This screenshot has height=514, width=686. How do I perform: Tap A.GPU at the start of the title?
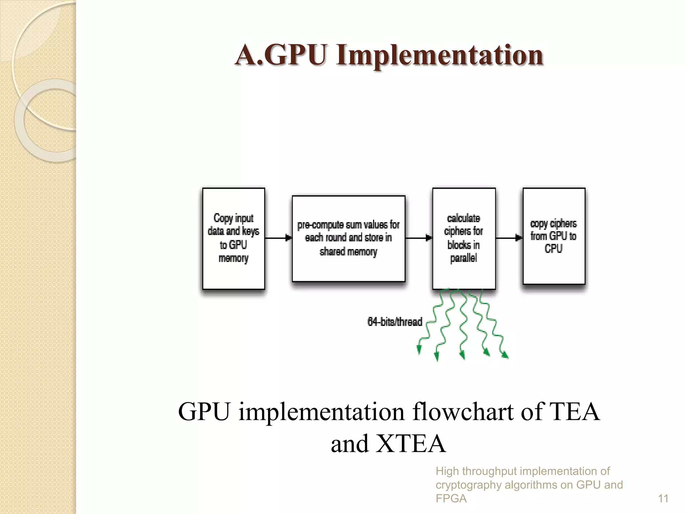pyautogui.click(x=281, y=55)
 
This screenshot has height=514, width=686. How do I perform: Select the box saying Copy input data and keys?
pyautogui.click(x=233, y=238)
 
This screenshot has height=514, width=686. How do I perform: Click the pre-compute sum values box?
pyautogui.click(x=348, y=238)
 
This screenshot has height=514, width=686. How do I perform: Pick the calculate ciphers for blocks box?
pyautogui.click(x=464, y=238)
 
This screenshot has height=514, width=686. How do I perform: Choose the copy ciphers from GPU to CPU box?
pyautogui.click(x=554, y=236)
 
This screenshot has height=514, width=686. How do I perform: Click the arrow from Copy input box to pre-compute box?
pyautogui.click(x=278, y=238)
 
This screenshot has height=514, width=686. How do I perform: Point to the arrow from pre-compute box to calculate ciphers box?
pyautogui.click(x=419, y=238)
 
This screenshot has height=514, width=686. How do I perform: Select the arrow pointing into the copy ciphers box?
pyautogui.click(x=509, y=238)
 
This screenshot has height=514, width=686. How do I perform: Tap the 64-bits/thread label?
pyautogui.click(x=395, y=322)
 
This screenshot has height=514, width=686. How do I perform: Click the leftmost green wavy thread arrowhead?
pyautogui.click(x=419, y=350)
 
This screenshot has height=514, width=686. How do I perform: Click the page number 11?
pyautogui.click(x=663, y=499)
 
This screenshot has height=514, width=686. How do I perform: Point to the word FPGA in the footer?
pyautogui.click(x=451, y=499)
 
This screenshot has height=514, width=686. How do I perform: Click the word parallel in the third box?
pyautogui.click(x=464, y=258)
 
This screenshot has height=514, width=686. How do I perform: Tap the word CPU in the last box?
pyautogui.click(x=553, y=249)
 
